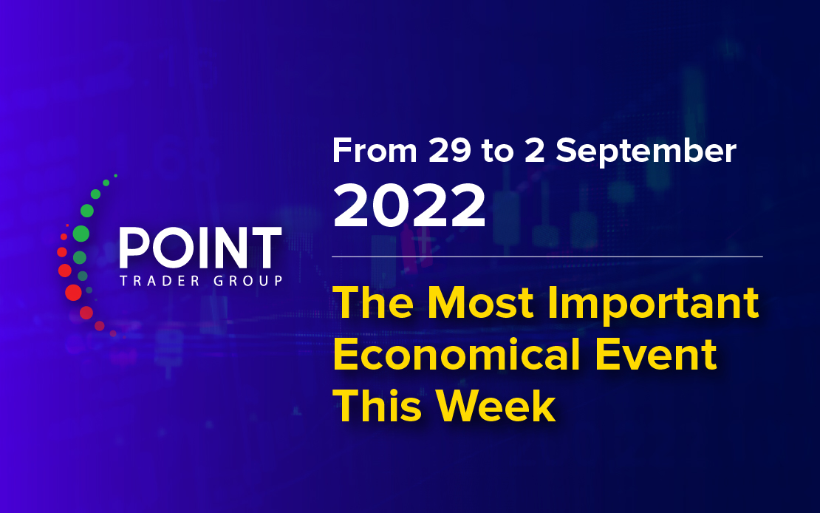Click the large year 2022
coord(409,205)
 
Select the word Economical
coord(457,354)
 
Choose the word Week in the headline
coord(496,407)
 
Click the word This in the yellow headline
coord(377,407)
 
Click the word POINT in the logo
coord(201,248)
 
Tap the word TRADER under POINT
coord(160,281)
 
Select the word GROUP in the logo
coord(248,281)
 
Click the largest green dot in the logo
coord(81,234)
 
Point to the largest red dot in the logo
coord(73,293)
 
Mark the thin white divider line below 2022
coord(547,256)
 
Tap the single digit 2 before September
coord(534,151)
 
